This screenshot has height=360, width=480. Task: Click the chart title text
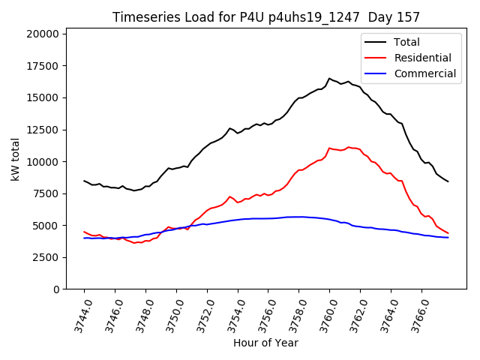[266, 16]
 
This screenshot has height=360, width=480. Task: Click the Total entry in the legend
[406, 42]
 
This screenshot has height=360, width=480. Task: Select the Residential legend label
[422, 58]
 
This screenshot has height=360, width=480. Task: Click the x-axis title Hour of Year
[265, 343]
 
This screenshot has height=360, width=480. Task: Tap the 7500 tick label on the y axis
[46, 193]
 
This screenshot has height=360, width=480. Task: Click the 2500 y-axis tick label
[46, 257]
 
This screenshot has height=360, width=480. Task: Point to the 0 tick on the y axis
[55, 289]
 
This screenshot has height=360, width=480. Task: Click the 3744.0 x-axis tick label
[77, 315]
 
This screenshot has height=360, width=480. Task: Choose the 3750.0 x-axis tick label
[169, 315]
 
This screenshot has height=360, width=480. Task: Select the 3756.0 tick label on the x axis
[262, 315]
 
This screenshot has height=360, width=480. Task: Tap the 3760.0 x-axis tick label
[323, 315]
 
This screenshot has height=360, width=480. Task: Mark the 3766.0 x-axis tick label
[415, 315]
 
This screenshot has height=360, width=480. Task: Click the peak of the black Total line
[329, 78]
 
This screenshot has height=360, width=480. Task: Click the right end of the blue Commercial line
[448, 238]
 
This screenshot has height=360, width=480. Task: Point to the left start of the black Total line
[84, 181]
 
